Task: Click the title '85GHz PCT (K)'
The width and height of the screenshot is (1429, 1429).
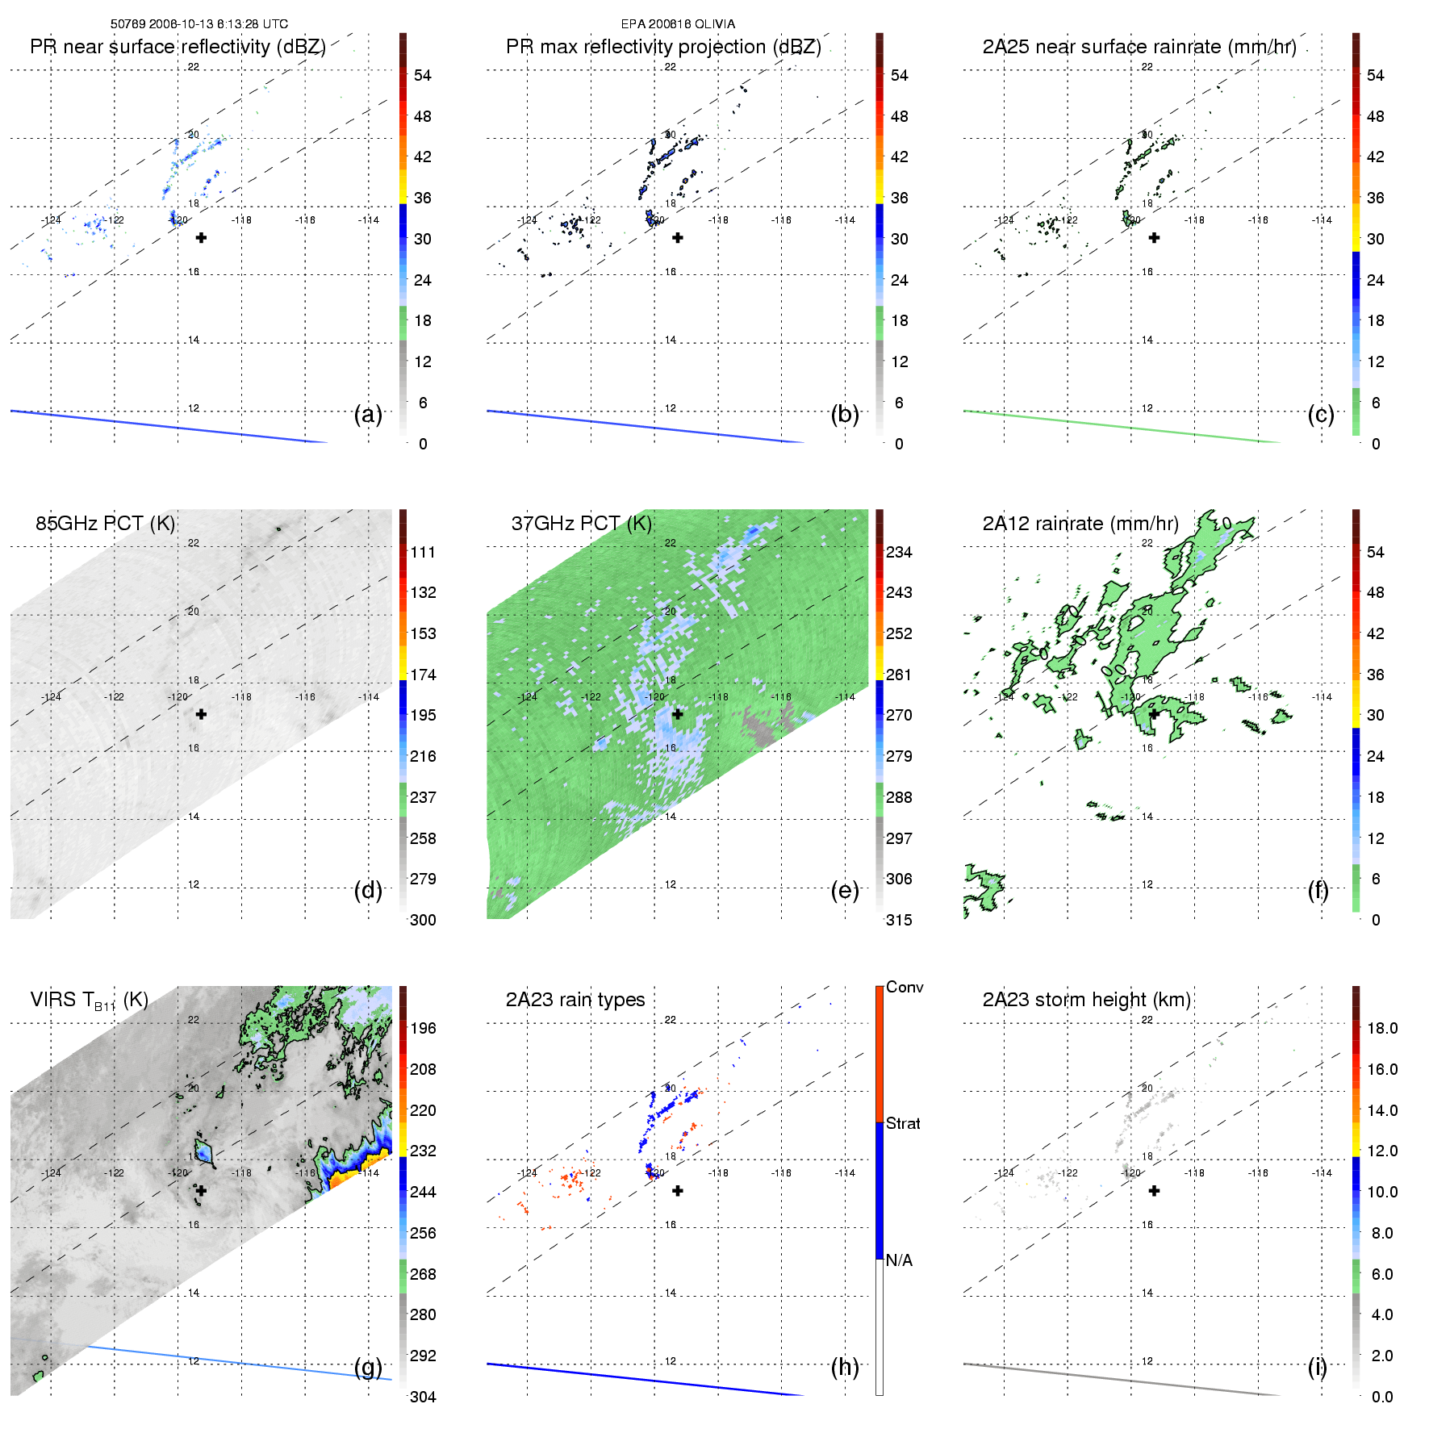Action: point(105,524)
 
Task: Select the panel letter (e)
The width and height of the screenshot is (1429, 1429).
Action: point(845,891)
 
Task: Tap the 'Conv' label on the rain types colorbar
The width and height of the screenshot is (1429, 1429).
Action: point(905,987)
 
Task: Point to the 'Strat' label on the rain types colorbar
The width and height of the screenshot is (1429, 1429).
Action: point(903,1123)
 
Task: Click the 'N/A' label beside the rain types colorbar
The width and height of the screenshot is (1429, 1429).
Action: point(899,1260)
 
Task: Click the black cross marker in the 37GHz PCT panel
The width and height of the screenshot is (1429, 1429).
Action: point(678,714)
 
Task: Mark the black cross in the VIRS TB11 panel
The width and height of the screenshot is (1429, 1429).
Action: point(201,1190)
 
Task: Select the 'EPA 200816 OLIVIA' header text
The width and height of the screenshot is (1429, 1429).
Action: point(678,24)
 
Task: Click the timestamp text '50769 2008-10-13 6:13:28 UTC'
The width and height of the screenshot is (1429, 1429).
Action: point(199,24)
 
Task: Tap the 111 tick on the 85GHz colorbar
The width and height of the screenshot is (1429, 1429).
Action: point(423,552)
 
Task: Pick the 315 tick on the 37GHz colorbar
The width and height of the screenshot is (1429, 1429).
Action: point(899,920)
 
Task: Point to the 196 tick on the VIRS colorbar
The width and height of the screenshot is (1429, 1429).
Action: point(423,1028)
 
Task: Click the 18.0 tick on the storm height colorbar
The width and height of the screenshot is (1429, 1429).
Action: point(1382,1028)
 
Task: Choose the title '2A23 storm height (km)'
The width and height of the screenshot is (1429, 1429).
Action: point(1086,1000)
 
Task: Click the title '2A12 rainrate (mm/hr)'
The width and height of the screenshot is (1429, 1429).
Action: point(1080,524)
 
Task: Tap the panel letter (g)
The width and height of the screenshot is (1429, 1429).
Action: point(368,1367)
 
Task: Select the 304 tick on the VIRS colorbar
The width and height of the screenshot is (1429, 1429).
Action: point(423,1397)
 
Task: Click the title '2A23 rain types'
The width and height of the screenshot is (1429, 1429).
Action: point(575,1000)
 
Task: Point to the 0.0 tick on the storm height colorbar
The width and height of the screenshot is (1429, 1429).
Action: point(1382,1397)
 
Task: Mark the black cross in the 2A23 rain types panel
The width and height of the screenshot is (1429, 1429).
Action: point(678,1190)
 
